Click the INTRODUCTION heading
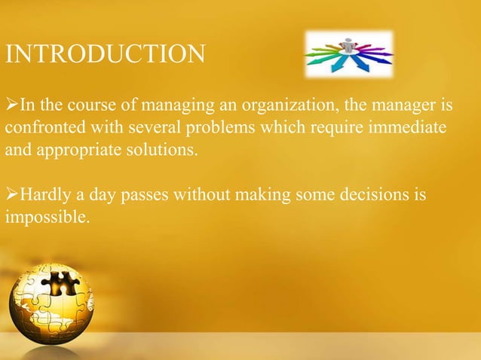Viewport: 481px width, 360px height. [x=105, y=55]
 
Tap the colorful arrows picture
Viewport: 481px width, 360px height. [x=348, y=53]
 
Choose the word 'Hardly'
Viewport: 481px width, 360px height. [x=44, y=196]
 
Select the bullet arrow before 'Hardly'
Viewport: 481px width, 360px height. [x=11, y=196]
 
